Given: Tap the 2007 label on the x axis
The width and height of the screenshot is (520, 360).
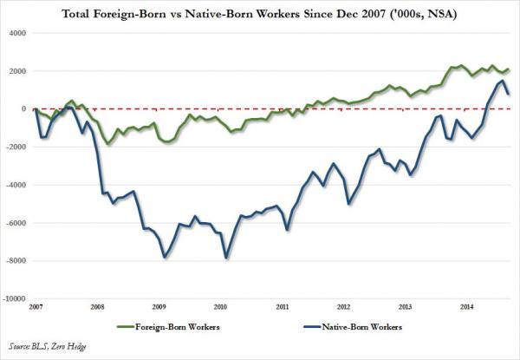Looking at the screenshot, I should click(x=35, y=307).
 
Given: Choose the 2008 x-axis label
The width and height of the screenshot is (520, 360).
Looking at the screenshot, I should click(x=97, y=307).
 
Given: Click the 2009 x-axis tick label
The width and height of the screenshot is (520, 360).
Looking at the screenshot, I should click(x=159, y=307).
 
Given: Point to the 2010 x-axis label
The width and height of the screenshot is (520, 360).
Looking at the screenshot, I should click(x=221, y=307).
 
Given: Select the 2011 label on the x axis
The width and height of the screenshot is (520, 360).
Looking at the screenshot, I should click(x=283, y=307).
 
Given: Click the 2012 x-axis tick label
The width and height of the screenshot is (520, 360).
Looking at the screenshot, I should click(x=344, y=307).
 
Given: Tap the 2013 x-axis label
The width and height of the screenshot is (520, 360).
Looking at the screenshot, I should click(x=406, y=307).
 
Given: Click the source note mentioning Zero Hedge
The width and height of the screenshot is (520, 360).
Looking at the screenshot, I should click(x=43, y=345).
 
